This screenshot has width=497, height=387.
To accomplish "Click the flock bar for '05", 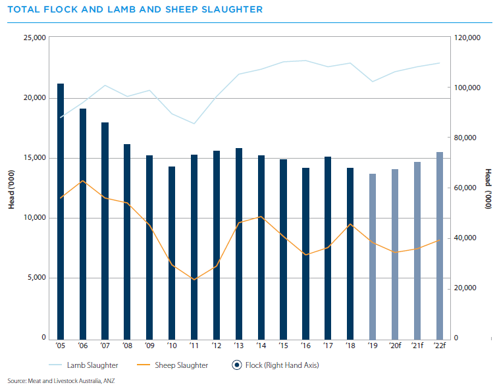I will (x=61, y=211).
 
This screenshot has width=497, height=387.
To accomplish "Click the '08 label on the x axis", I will (x=128, y=346).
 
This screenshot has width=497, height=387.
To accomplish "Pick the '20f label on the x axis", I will (x=395, y=346).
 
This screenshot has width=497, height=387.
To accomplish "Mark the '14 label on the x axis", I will (x=261, y=346).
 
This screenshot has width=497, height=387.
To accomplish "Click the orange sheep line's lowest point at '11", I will (x=194, y=280).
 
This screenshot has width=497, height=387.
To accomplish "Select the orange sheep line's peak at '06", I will (x=83, y=180).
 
